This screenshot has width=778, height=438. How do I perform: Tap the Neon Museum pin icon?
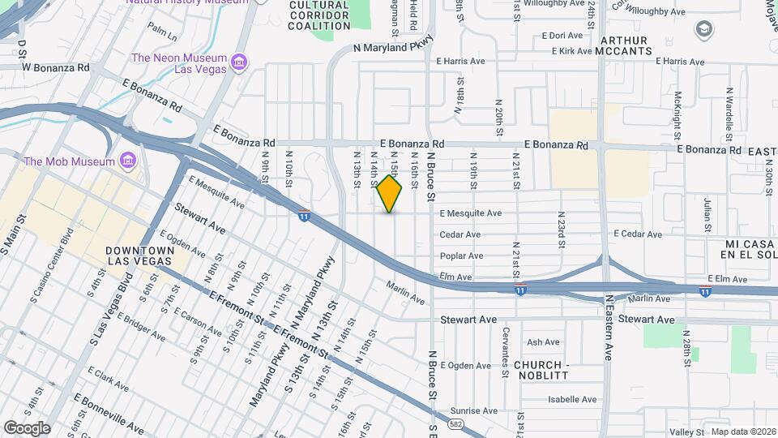pos(239,62)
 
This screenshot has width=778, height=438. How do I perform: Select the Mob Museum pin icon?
pos(127,161)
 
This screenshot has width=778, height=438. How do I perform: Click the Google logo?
pos(27,427)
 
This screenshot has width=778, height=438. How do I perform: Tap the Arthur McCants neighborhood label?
pos(624,45)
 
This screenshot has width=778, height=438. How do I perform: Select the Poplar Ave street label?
pos(461,255)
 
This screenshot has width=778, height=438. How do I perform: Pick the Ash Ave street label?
pos(543,342)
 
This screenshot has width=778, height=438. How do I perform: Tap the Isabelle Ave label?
pos(572,399)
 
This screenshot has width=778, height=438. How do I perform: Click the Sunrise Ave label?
pos(472,410)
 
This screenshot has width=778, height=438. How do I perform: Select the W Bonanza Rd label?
pos(55,67)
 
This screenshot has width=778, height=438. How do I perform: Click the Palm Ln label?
pos(162,32)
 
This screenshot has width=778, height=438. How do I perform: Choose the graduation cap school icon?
pos(704,30)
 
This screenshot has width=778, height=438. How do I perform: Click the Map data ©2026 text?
pos(742,432)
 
